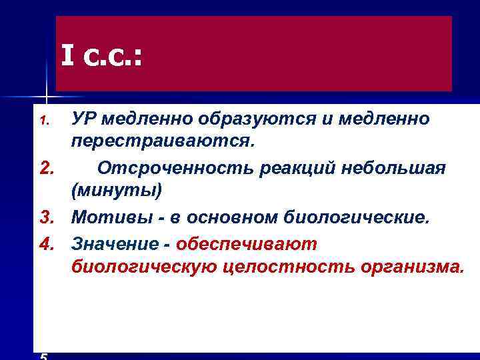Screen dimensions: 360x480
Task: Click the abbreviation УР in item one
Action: coord(85,119)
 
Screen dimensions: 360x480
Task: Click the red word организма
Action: coord(411,267)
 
